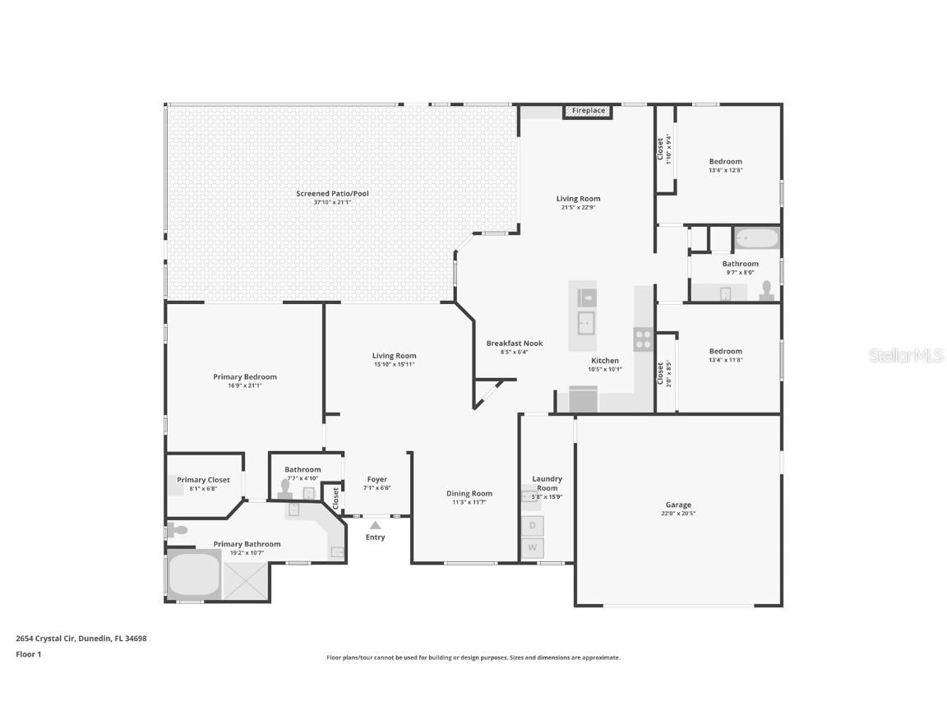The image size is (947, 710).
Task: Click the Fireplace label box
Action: pos(589,111)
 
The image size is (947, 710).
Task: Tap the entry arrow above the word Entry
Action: pos(375,524)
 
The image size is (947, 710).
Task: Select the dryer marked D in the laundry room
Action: pos(533,525)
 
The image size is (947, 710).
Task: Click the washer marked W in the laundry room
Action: pos(533,547)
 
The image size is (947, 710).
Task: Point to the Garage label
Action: pos(678,505)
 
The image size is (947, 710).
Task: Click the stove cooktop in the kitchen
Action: pos(643,339)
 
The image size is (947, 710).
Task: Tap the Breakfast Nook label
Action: pos(515,343)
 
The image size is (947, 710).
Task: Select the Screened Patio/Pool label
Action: pos(332,194)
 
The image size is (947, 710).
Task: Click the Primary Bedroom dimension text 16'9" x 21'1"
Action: pos(245,385)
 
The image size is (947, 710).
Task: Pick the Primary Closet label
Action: pos(203,480)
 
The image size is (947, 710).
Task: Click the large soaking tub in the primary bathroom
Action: pos(194,574)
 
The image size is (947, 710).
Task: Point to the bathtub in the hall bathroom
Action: pos(756,239)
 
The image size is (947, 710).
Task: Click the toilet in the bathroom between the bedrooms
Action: pos(766,291)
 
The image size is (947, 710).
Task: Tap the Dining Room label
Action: pos(469,494)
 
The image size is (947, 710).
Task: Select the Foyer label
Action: pos(376,479)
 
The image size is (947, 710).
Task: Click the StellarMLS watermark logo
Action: pos(908,356)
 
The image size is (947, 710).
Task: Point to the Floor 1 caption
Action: pos(28,654)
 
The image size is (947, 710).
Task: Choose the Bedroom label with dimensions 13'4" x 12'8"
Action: pos(725,161)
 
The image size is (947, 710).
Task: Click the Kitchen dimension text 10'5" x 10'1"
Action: pos(605,370)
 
